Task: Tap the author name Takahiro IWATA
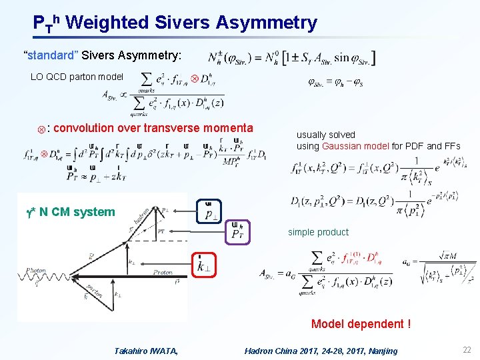146,351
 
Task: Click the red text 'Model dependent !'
361,324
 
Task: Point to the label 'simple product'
318,232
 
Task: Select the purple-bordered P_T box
237,233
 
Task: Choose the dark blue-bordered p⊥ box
209,211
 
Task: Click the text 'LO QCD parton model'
77,77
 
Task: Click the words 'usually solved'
326,135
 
